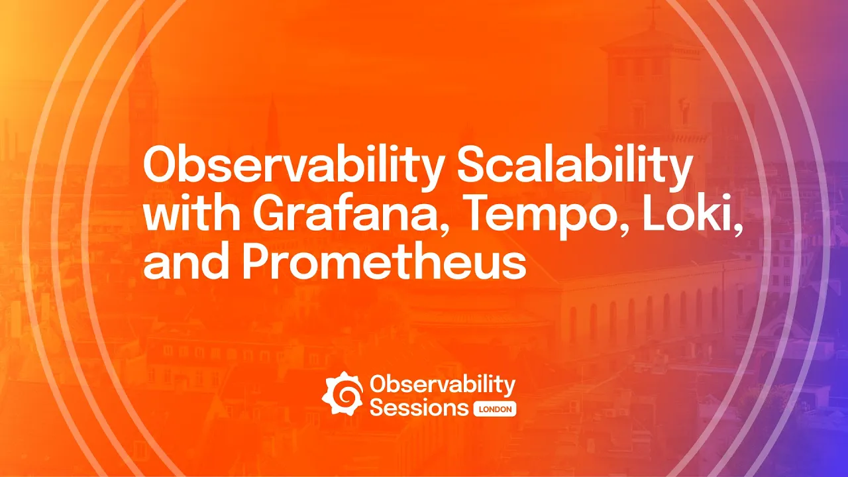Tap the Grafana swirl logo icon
click(343, 394)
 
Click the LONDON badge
click(495, 409)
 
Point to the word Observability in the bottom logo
click(443, 384)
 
